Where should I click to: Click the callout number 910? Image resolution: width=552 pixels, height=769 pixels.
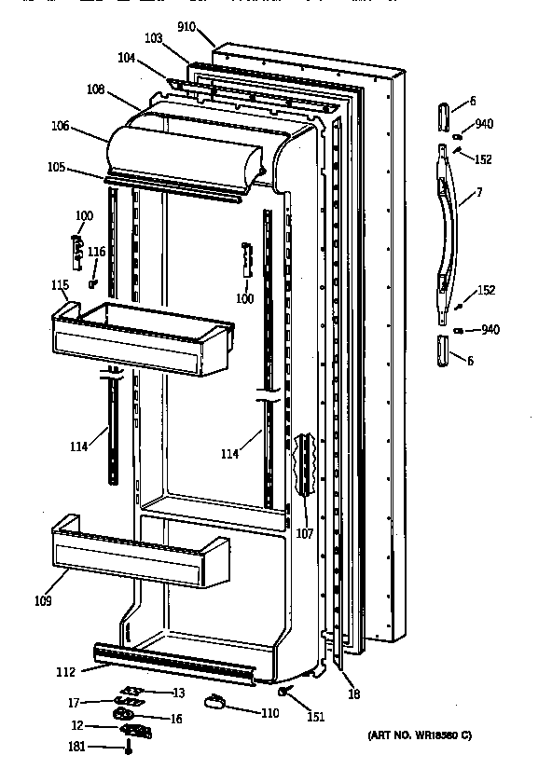tap(186, 27)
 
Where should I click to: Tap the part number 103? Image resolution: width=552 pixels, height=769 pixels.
tap(154, 40)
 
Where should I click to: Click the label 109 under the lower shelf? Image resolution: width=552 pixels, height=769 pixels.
tap(43, 600)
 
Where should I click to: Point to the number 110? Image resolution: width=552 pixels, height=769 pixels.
tap(270, 713)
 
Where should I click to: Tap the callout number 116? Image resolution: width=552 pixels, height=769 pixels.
tap(97, 253)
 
